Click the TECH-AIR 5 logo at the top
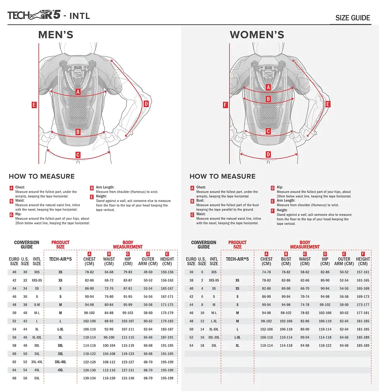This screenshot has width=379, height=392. (34, 15)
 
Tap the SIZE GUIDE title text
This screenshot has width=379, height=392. (352, 18)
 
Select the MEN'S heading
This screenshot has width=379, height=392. (56, 35)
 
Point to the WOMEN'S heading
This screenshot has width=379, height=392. (257, 35)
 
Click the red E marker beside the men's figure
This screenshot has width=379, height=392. (34, 105)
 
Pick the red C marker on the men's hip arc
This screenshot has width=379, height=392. (78, 155)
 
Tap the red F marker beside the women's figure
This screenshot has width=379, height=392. (225, 105)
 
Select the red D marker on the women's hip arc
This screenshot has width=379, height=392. (268, 154)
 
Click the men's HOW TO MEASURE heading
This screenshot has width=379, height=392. (42, 176)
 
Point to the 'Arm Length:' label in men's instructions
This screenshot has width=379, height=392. (105, 187)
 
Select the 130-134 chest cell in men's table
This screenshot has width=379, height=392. (89, 378)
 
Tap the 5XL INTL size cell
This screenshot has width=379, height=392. (37, 378)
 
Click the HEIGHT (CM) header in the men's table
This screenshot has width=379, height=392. (167, 261)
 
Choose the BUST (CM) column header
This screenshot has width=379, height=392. (286, 261)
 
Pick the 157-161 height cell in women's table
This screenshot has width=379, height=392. (363, 272)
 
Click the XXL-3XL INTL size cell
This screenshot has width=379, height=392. (214, 337)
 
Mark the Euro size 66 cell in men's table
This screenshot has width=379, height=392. (14, 378)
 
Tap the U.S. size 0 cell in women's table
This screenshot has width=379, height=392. (202, 272)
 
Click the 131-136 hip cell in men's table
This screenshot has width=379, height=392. (128, 378)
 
